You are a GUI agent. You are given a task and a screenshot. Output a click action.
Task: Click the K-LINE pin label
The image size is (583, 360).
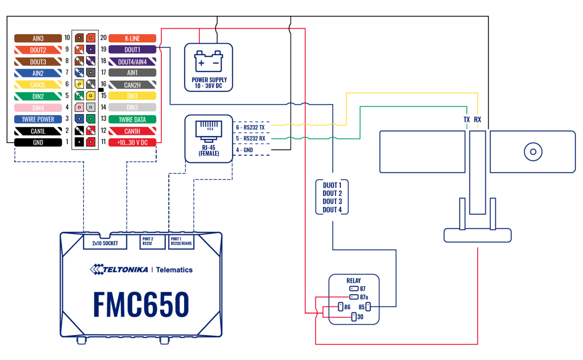coord(132,38)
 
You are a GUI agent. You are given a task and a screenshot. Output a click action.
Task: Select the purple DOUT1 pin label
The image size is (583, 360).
coord(132,50)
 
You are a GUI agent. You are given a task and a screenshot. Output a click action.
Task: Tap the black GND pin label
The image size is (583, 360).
coord(38,143)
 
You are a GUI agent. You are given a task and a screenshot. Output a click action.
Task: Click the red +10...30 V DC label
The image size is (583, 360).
coord(132,143)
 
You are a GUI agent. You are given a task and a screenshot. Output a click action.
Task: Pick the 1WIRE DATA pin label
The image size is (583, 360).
coord(132,120)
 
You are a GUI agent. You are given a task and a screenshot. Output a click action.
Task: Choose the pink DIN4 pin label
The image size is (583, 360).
coord(38,108)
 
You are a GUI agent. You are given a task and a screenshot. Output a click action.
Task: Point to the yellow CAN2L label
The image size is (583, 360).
coord(38,85)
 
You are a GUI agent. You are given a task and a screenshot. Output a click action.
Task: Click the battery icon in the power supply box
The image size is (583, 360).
coord(208,62)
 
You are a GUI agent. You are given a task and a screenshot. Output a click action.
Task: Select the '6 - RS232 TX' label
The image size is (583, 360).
coord(250,127)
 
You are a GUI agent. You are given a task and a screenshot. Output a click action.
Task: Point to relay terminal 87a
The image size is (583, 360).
coord(354,297)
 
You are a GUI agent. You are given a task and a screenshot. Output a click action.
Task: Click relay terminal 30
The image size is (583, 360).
coord(354,317)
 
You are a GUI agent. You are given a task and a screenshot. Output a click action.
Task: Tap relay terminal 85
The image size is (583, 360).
coord(368,307)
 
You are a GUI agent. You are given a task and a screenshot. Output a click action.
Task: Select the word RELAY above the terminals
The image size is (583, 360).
coord(354,281)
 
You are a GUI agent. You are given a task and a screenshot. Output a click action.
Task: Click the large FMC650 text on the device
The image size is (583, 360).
coord(141,306)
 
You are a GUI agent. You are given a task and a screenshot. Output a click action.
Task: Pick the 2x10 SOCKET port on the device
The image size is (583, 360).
coord(105,243)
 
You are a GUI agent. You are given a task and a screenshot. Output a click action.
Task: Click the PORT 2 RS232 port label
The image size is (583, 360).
coord(149,241)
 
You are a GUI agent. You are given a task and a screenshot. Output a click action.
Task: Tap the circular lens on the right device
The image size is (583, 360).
coord(533,152)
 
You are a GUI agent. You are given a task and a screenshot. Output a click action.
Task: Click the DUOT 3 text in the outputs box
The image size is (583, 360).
coord(332,202)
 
